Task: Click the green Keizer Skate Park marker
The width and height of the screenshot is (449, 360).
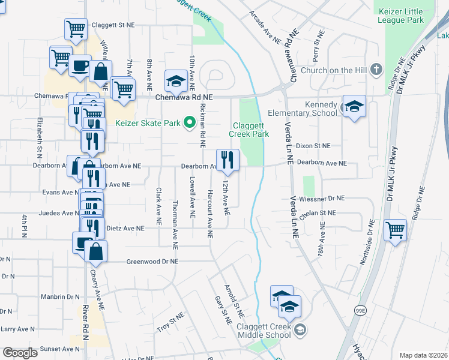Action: coord(190,124)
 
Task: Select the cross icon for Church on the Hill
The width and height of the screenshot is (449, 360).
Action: coord(376,70)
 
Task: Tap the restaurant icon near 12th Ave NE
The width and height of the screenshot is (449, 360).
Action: coord(228,159)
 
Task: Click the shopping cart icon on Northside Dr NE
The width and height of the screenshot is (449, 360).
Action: coord(395,230)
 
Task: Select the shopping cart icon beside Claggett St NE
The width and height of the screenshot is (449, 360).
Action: coord(75,28)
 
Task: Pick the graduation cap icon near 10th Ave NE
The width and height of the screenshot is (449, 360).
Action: coord(176,80)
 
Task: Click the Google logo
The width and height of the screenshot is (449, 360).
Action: coord(20,353)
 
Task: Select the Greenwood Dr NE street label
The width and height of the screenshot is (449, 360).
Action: coord(152,262)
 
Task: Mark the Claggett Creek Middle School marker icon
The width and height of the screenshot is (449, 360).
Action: coord(301,329)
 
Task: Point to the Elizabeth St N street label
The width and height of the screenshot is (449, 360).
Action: coord(40,135)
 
